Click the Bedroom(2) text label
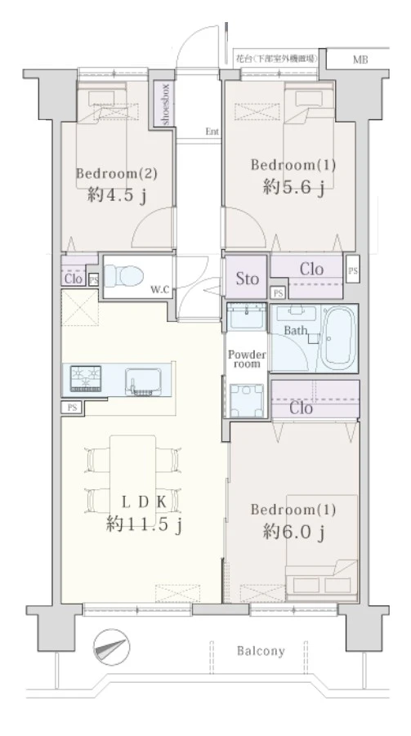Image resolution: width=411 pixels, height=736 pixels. tap(116, 173)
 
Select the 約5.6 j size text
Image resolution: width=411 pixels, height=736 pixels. tap(293, 187)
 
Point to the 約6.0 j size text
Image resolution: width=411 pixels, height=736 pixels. tap(293, 532)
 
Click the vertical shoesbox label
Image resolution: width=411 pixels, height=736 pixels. tap(164, 105)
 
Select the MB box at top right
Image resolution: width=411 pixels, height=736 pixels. tap(360, 60)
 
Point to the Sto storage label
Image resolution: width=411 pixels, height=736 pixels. tap(247, 279)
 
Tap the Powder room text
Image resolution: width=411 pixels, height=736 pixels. tap(247, 359)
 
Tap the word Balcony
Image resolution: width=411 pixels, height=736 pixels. tap(261, 651)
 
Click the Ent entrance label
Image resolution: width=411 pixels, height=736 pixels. tap(212, 132)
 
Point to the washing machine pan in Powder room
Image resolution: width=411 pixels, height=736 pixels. tap(246, 400)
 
